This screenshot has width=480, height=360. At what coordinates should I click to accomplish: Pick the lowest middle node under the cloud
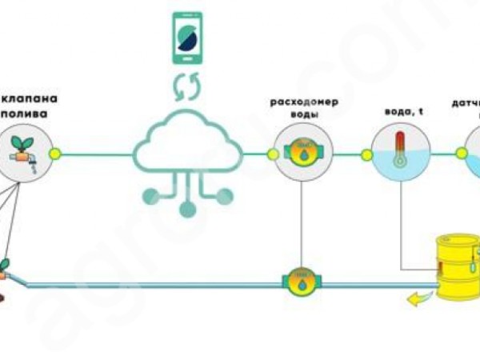186,210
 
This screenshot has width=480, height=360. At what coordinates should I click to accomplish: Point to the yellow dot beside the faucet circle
55,152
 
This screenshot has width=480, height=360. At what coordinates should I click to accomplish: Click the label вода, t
399,112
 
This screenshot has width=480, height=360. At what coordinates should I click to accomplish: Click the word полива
31,115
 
